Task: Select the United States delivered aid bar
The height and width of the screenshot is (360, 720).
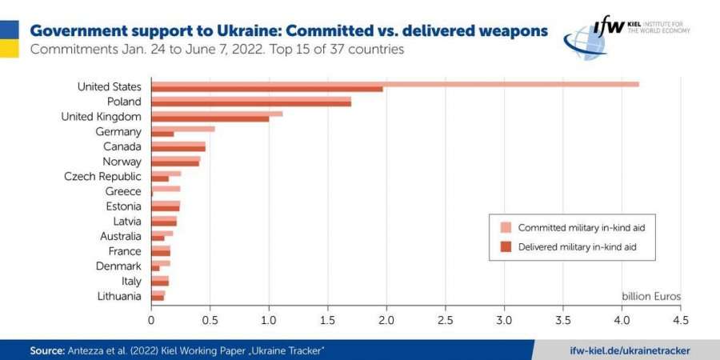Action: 267,89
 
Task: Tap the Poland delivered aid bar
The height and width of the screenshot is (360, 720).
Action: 251,103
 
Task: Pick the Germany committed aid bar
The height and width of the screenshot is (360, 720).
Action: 183,128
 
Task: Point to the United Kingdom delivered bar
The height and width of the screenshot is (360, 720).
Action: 210,118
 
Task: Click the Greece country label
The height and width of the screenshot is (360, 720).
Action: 123,191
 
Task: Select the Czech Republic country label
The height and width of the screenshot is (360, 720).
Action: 102,176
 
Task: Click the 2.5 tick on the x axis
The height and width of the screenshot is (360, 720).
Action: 445,320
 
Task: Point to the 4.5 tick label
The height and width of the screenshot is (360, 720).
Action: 680,320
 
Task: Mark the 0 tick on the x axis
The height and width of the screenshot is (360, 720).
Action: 151,320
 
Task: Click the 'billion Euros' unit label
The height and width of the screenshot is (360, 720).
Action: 651,296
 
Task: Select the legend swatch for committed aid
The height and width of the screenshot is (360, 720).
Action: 506,227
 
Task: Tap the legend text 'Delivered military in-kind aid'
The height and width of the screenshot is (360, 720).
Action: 581,247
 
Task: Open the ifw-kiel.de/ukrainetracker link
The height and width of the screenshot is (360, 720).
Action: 630,350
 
